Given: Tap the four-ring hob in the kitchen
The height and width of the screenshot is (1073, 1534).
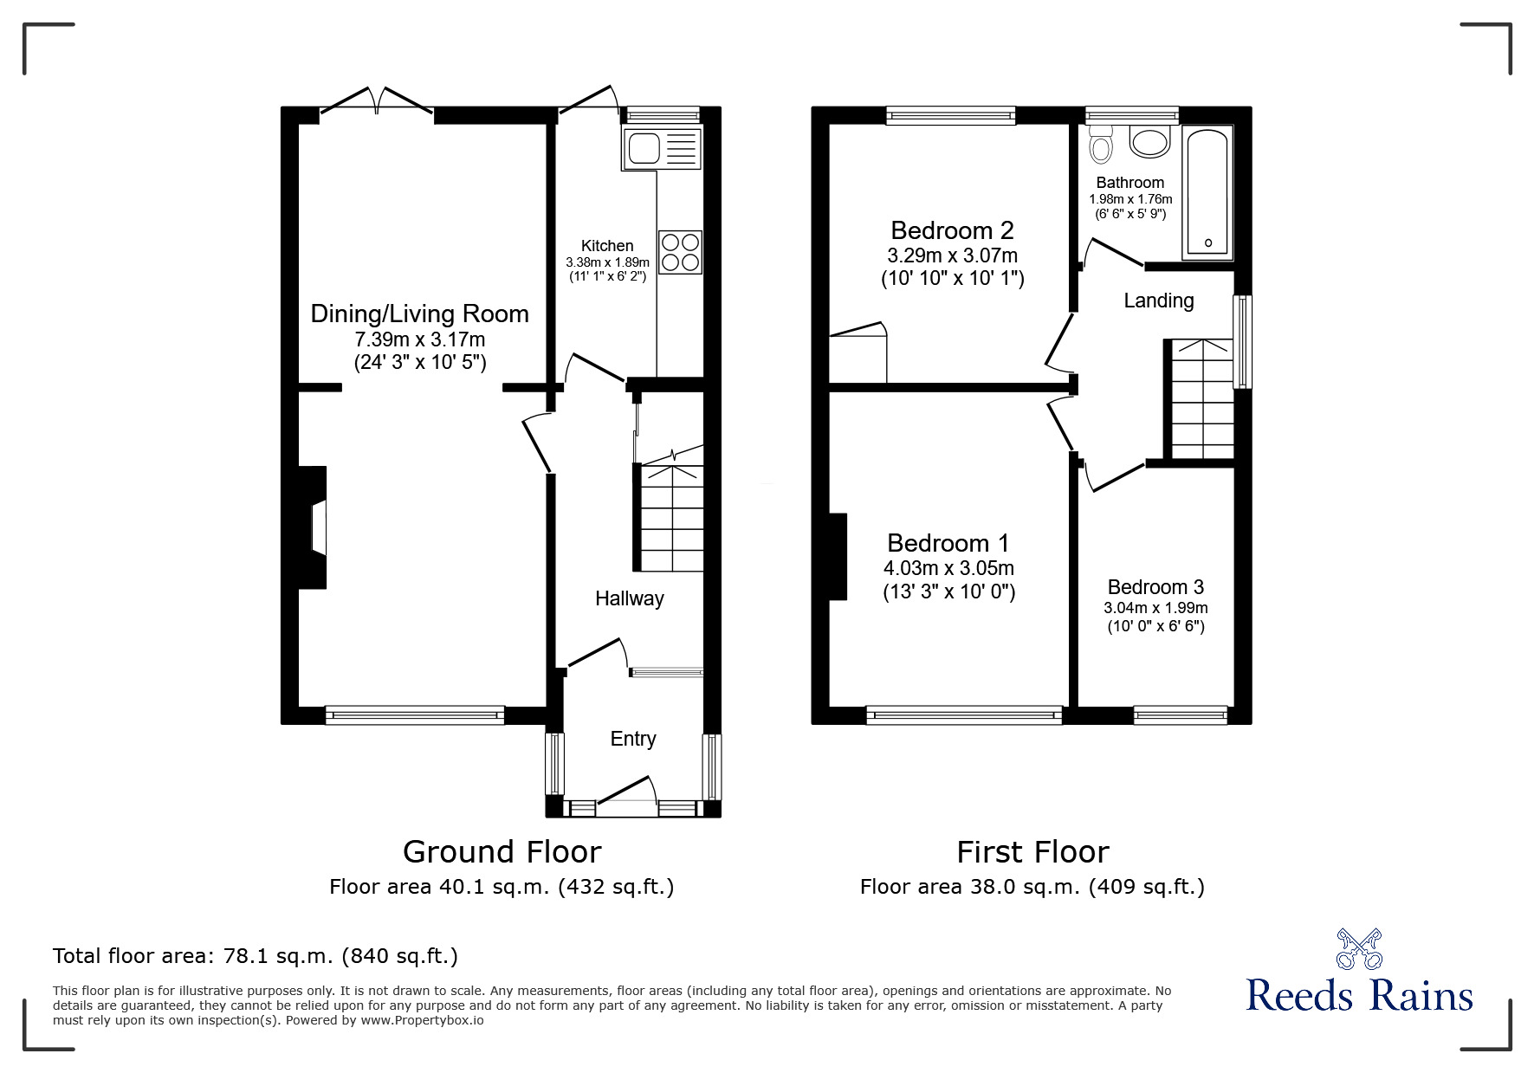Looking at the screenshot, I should pos(680,252).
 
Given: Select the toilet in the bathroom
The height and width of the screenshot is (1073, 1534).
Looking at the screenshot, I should pos(1101,144).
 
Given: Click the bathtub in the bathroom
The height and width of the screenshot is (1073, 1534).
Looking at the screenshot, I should pos(1207,192).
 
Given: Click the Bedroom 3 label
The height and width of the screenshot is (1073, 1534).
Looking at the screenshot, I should pos(1155,587).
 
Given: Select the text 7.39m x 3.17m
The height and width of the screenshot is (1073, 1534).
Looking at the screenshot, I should pos(419,339).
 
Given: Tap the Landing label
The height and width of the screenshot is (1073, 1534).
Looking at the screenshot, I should pos(1158,301).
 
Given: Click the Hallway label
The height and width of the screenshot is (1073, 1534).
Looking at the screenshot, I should pos(629,598).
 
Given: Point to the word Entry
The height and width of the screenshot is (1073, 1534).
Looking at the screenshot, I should pos(632,739).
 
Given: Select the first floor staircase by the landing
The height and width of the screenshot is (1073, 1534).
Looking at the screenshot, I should pos(1201,399).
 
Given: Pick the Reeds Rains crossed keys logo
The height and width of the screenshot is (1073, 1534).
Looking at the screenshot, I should pos(1359,948).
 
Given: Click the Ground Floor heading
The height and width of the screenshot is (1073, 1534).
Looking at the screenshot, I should pos(502,852).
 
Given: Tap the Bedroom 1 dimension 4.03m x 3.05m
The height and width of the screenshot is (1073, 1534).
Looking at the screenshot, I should pos(948,569).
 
